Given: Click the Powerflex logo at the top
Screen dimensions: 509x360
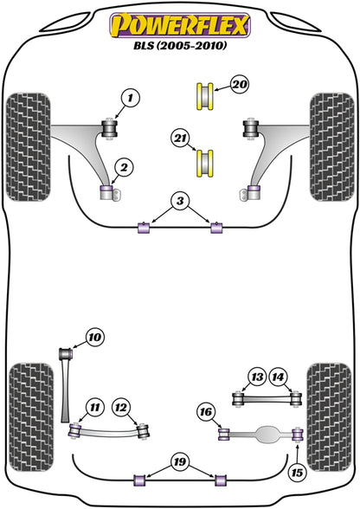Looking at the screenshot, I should tap(179, 23).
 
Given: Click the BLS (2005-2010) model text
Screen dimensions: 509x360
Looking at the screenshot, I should tap(179, 47).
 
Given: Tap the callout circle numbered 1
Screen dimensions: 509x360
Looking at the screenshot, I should tap(130, 100).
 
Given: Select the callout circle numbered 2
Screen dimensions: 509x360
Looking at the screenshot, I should tap(125, 167).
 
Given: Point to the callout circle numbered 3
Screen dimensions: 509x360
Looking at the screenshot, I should tap(179, 202).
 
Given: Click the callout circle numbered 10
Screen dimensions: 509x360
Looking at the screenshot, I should tap(94, 337).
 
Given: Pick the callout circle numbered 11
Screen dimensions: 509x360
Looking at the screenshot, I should tap(94, 406).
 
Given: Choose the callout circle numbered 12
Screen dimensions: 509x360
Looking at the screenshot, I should tap(120, 406).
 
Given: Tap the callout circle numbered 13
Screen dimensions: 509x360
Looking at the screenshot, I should tap(256, 377).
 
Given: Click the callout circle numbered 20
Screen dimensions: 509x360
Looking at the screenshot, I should tap(239, 84).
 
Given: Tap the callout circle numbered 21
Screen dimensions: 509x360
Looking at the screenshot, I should tap(180, 138).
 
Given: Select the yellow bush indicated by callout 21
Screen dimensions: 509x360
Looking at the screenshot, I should tap(206, 161).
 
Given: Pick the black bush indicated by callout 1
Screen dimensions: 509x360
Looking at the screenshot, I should tap(109, 128).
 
